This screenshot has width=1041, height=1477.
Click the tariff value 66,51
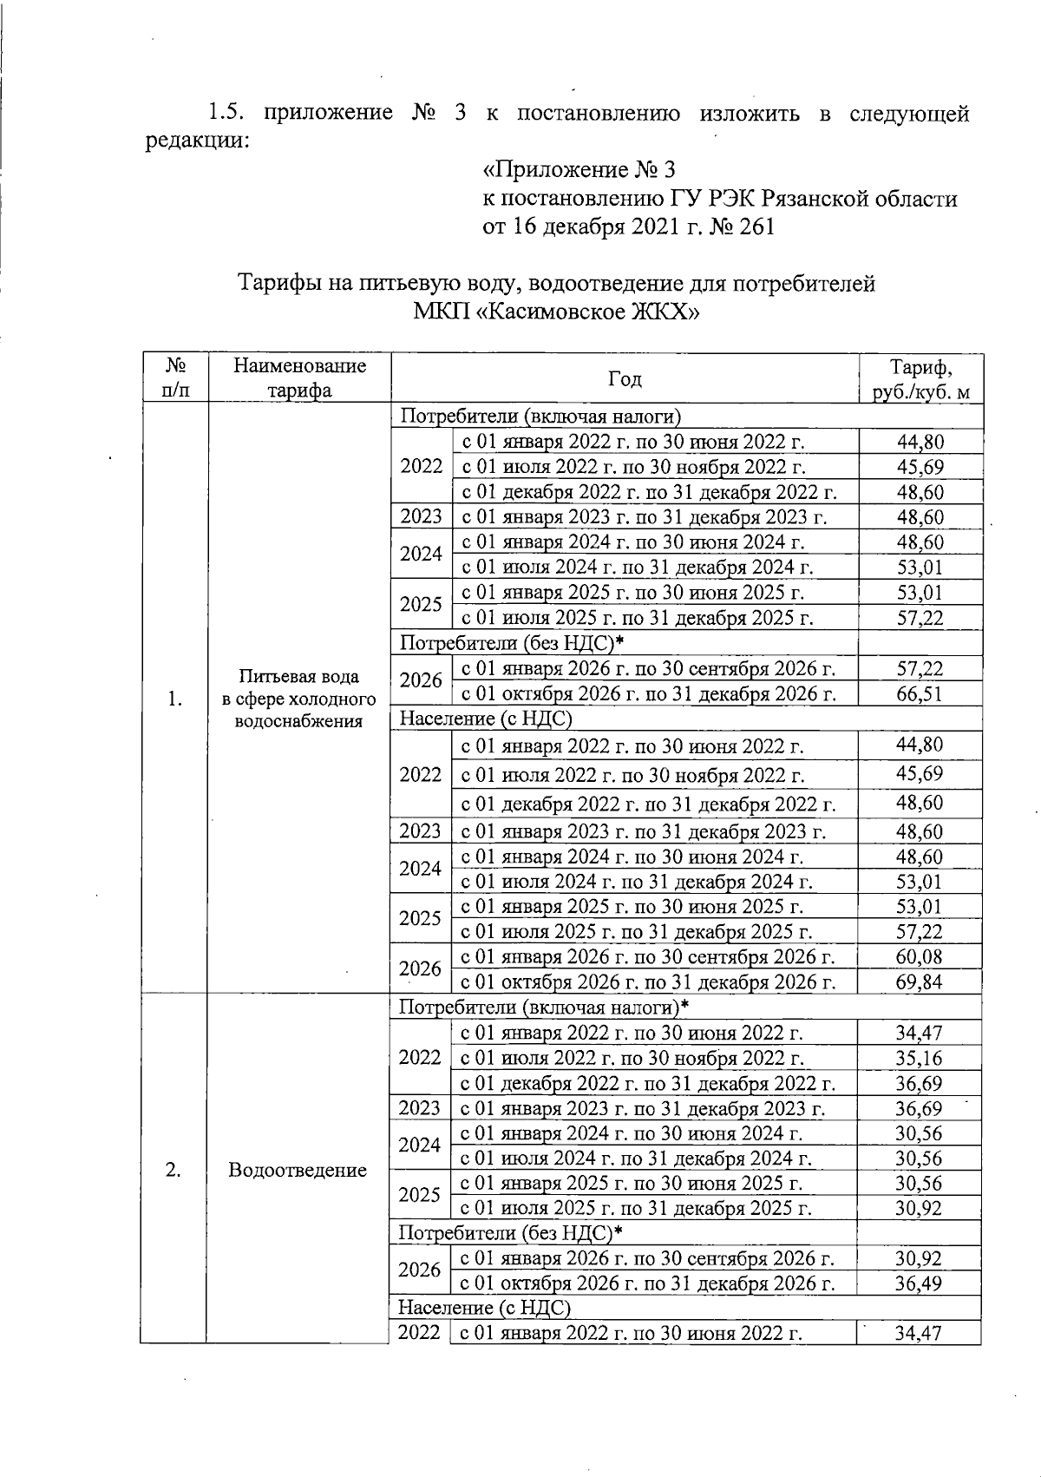[x=919, y=693]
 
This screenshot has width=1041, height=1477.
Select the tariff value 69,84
[x=919, y=982]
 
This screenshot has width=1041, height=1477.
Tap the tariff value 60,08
[x=919, y=957]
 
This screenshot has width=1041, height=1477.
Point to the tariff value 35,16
[x=919, y=1059]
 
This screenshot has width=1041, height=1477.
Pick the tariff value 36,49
[x=919, y=1284]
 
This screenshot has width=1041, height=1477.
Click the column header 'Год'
[x=625, y=378]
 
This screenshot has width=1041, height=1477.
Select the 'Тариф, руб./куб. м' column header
[x=920, y=379]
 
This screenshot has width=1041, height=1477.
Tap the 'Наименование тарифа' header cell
[x=299, y=378]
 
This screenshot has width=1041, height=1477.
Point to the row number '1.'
[x=175, y=699]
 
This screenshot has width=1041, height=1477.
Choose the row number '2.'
[x=173, y=1170]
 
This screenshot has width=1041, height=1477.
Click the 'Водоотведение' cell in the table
[x=298, y=1171]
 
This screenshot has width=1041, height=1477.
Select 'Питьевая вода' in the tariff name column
[x=299, y=677]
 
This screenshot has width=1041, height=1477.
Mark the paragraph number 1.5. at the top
[x=227, y=114]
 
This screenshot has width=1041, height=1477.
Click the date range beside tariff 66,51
[x=648, y=693]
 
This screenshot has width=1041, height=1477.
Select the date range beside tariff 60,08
[x=647, y=957]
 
